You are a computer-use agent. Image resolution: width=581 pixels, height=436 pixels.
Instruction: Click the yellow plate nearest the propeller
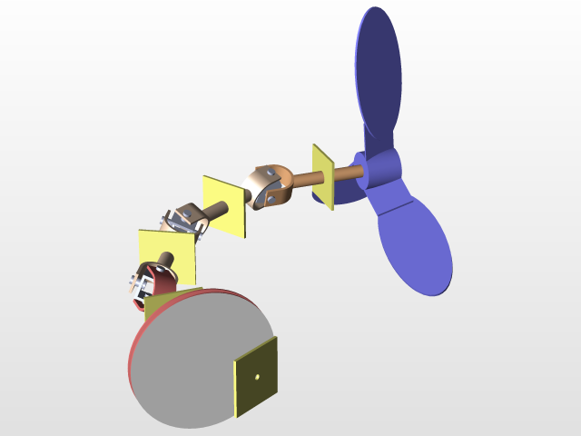pos(322,176)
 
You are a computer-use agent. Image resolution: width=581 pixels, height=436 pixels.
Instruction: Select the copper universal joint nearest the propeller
pos(271,186)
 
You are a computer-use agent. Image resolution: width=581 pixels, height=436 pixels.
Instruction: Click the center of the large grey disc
pos(195,359)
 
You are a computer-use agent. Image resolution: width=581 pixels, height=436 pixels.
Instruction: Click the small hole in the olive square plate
pos(258,375)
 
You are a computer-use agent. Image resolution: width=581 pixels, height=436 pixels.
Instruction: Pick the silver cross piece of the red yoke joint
pos(139,288)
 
